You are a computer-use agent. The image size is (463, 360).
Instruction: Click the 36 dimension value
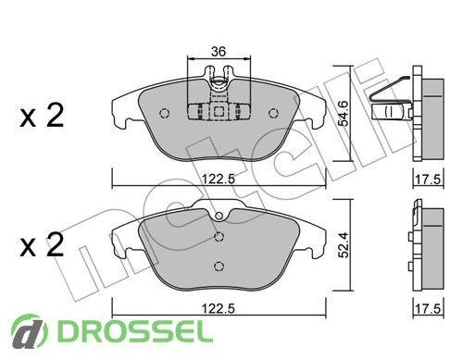219,52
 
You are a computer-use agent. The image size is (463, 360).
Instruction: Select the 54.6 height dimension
344,113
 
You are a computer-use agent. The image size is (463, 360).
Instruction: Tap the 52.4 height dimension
344,245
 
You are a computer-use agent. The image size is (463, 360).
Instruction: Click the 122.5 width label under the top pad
219,179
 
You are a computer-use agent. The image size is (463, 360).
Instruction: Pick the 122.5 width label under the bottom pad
219,308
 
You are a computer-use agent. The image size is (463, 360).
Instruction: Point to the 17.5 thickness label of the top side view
428,179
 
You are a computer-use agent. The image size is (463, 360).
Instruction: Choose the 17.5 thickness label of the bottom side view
428,308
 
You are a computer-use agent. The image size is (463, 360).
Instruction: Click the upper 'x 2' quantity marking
42,116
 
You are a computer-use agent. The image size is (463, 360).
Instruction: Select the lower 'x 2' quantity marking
42,244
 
